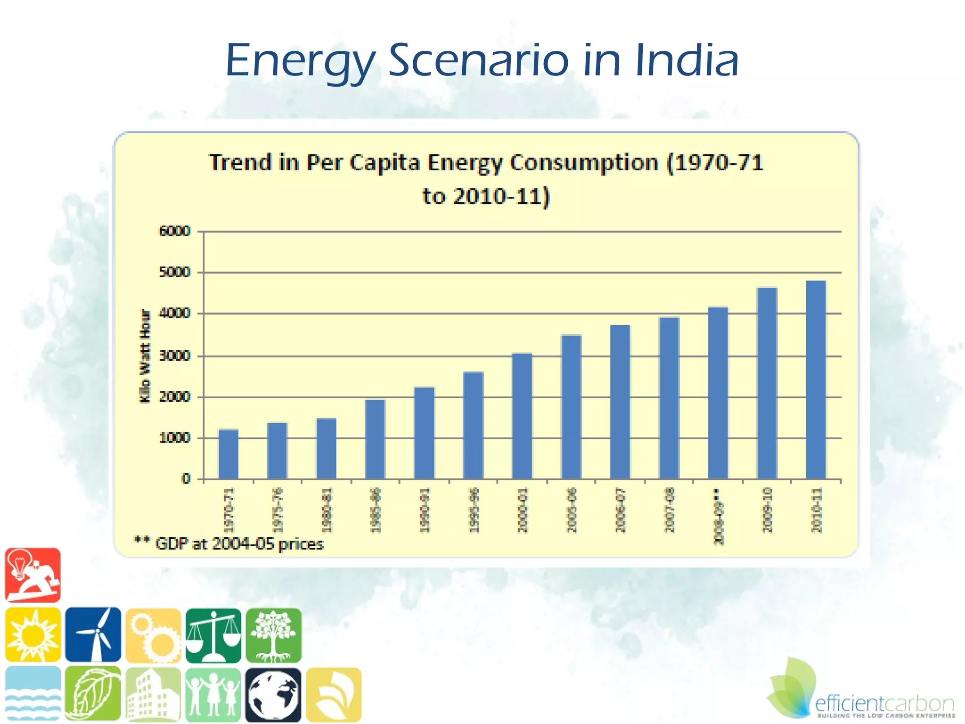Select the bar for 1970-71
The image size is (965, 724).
(x=229, y=454)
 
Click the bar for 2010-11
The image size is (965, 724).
(x=816, y=380)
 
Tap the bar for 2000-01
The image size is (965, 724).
(x=522, y=416)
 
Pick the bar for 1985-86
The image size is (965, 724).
(x=375, y=439)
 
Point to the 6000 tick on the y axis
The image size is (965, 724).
(x=175, y=231)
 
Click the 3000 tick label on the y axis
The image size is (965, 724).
(x=175, y=356)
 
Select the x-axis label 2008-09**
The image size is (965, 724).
(x=718, y=516)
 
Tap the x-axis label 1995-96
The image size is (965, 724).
(x=474, y=510)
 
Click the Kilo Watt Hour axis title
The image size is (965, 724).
(x=145, y=356)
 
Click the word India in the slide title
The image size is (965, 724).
(x=687, y=61)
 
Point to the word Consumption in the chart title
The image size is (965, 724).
(x=584, y=163)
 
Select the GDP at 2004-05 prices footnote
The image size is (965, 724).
(x=229, y=544)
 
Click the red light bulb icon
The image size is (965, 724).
(x=33, y=575)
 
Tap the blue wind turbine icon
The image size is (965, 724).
(x=93, y=634)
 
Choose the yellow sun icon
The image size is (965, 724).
(x=33, y=634)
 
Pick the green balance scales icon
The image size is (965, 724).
(x=213, y=635)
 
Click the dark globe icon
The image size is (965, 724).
(x=273, y=695)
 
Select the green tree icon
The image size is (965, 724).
(x=273, y=635)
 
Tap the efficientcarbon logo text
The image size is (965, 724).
(x=884, y=704)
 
